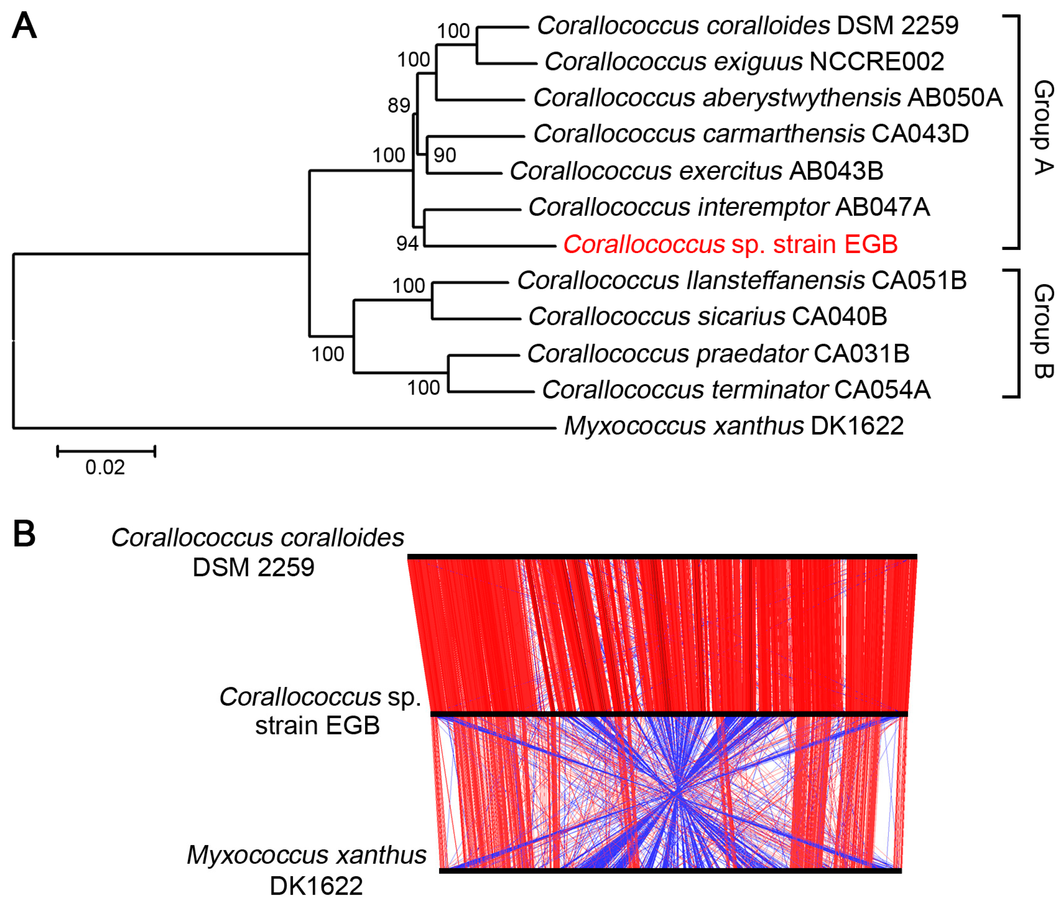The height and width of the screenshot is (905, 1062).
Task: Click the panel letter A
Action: pyautogui.click(x=24, y=26)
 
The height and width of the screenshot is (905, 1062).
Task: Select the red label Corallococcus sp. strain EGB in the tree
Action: pyautogui.click(x=730, y=245)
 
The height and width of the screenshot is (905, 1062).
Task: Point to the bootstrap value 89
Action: pyautogui.click(x=399, y=106)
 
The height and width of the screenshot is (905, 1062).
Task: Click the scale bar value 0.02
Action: pyautogui.click(x=105, y=467)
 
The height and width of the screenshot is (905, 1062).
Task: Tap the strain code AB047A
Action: pyautogui.click(x=882, y=207)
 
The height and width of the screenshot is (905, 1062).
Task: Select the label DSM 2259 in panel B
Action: pyautogui.click(x=253, y=567)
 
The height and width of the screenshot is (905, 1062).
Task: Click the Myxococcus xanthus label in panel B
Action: pyautogui.click(x=307, y=855)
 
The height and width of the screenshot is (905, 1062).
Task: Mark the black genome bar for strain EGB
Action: pyautogui.click(x=669, y=714)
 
